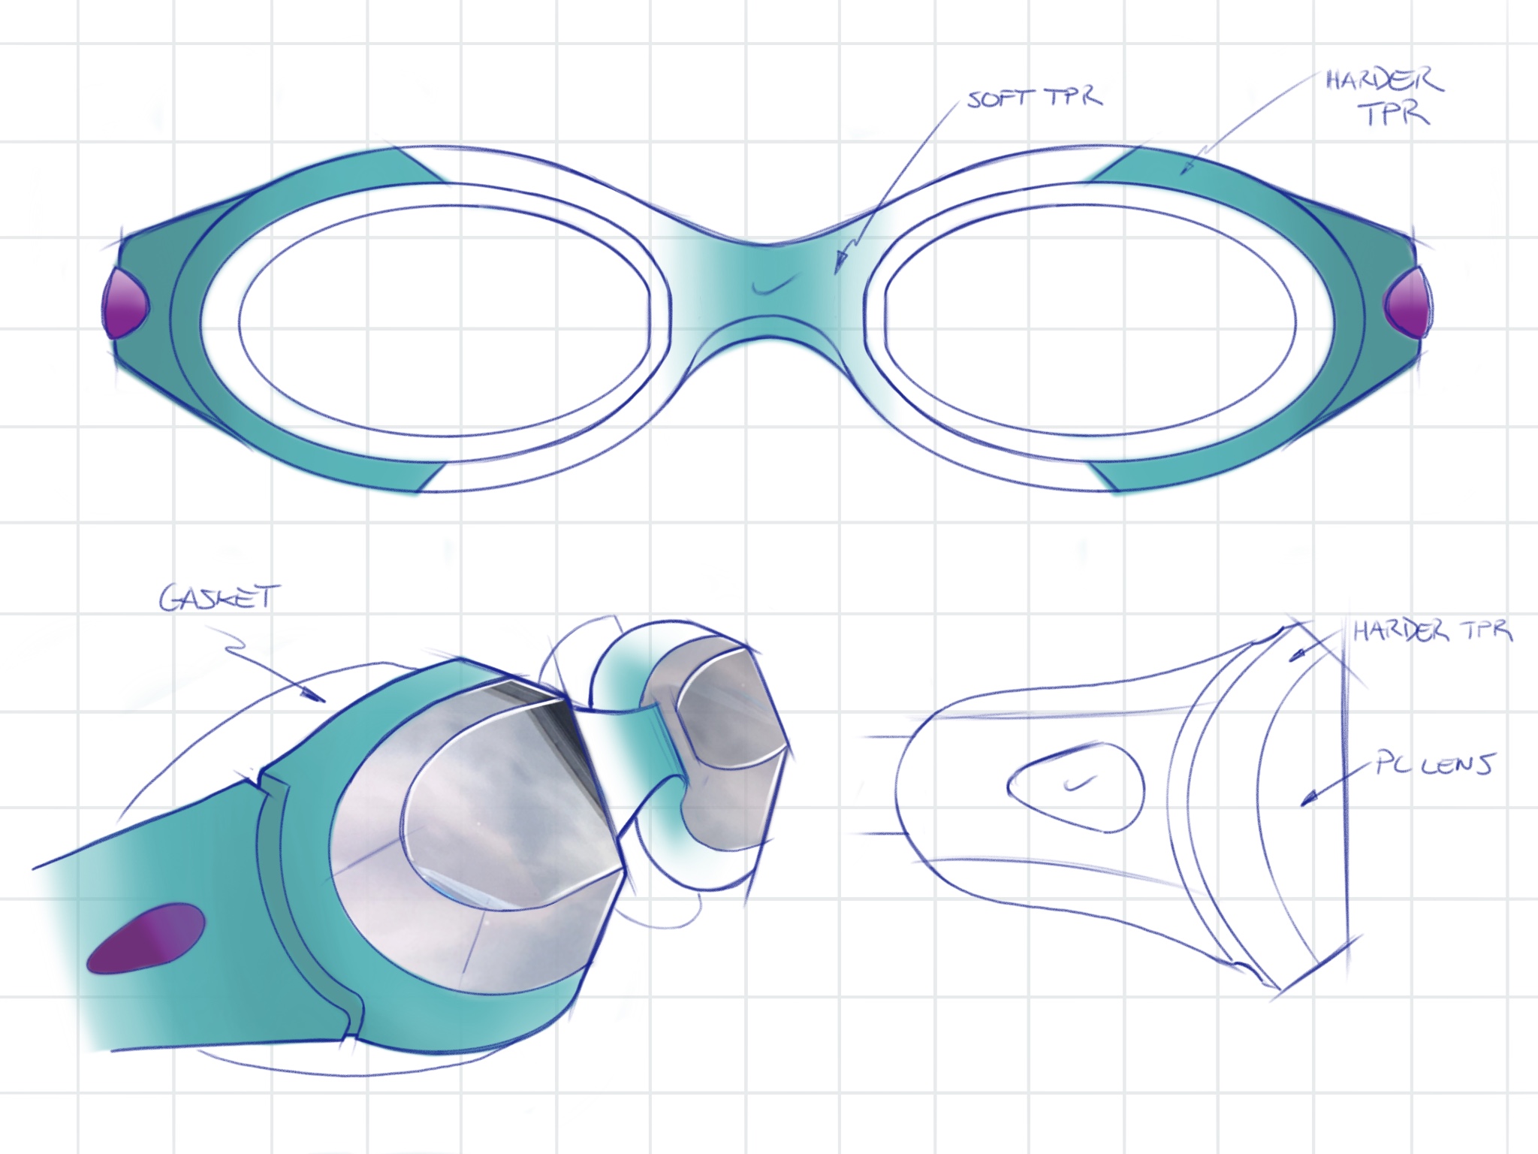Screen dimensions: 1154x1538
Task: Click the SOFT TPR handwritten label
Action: click(1034, 98)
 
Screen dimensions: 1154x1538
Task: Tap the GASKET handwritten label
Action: click(219, 598)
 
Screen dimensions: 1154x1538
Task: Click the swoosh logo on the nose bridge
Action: click(774, 285)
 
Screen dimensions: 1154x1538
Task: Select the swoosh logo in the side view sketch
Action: click(1080, 784)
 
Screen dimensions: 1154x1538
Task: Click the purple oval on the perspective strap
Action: click(146, 939)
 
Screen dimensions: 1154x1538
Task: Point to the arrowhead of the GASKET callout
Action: click(319, 699)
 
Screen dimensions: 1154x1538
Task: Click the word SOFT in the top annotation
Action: click(991, 100)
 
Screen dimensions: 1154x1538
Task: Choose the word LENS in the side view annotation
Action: click(1457, 765)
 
